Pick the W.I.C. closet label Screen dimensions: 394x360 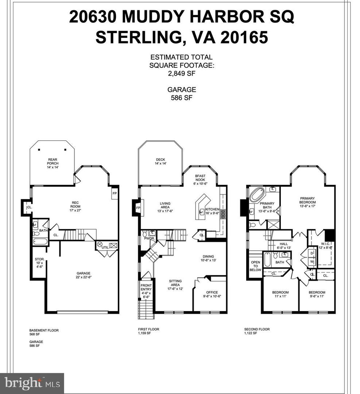pyautogui.click(x=326, y=245)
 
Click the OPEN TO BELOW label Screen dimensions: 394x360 pyautogui.click(x=255, y=266)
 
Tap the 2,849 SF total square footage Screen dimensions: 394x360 pyautogui.click(x=182, y=73)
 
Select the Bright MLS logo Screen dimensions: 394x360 pyautogui.click(x=32, y=383)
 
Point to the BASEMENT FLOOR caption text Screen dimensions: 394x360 pyautogui.click(x=44, y=331)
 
